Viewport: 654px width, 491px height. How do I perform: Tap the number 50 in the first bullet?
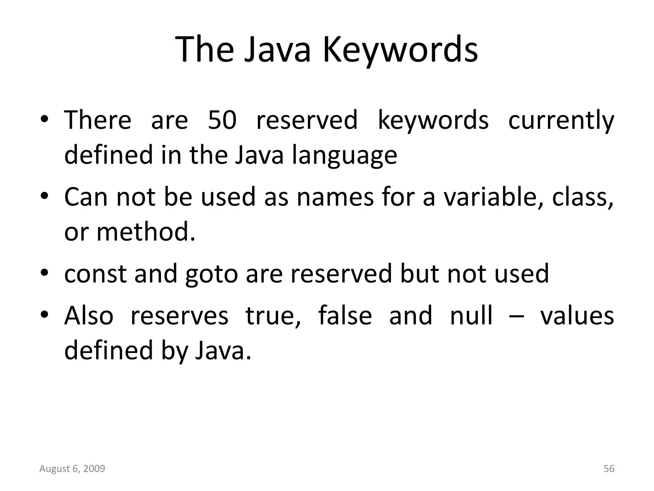tap(222, 120)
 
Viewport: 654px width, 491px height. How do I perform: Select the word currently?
tap(561, 121)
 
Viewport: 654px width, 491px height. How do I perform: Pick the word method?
tap(146, 232)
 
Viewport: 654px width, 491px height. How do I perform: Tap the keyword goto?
tap(212, 275)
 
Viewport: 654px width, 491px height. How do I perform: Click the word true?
tap(273, 316)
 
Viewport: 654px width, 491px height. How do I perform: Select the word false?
tap(345, 316)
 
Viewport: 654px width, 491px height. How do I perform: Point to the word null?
tap(471, 316)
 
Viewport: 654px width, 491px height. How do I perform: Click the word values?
tap(577, 316)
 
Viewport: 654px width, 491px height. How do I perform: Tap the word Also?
tap(89, 316)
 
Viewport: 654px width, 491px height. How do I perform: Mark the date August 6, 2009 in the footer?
tap(72, 469)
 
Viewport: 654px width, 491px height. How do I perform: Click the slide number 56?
tap(609, 469)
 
